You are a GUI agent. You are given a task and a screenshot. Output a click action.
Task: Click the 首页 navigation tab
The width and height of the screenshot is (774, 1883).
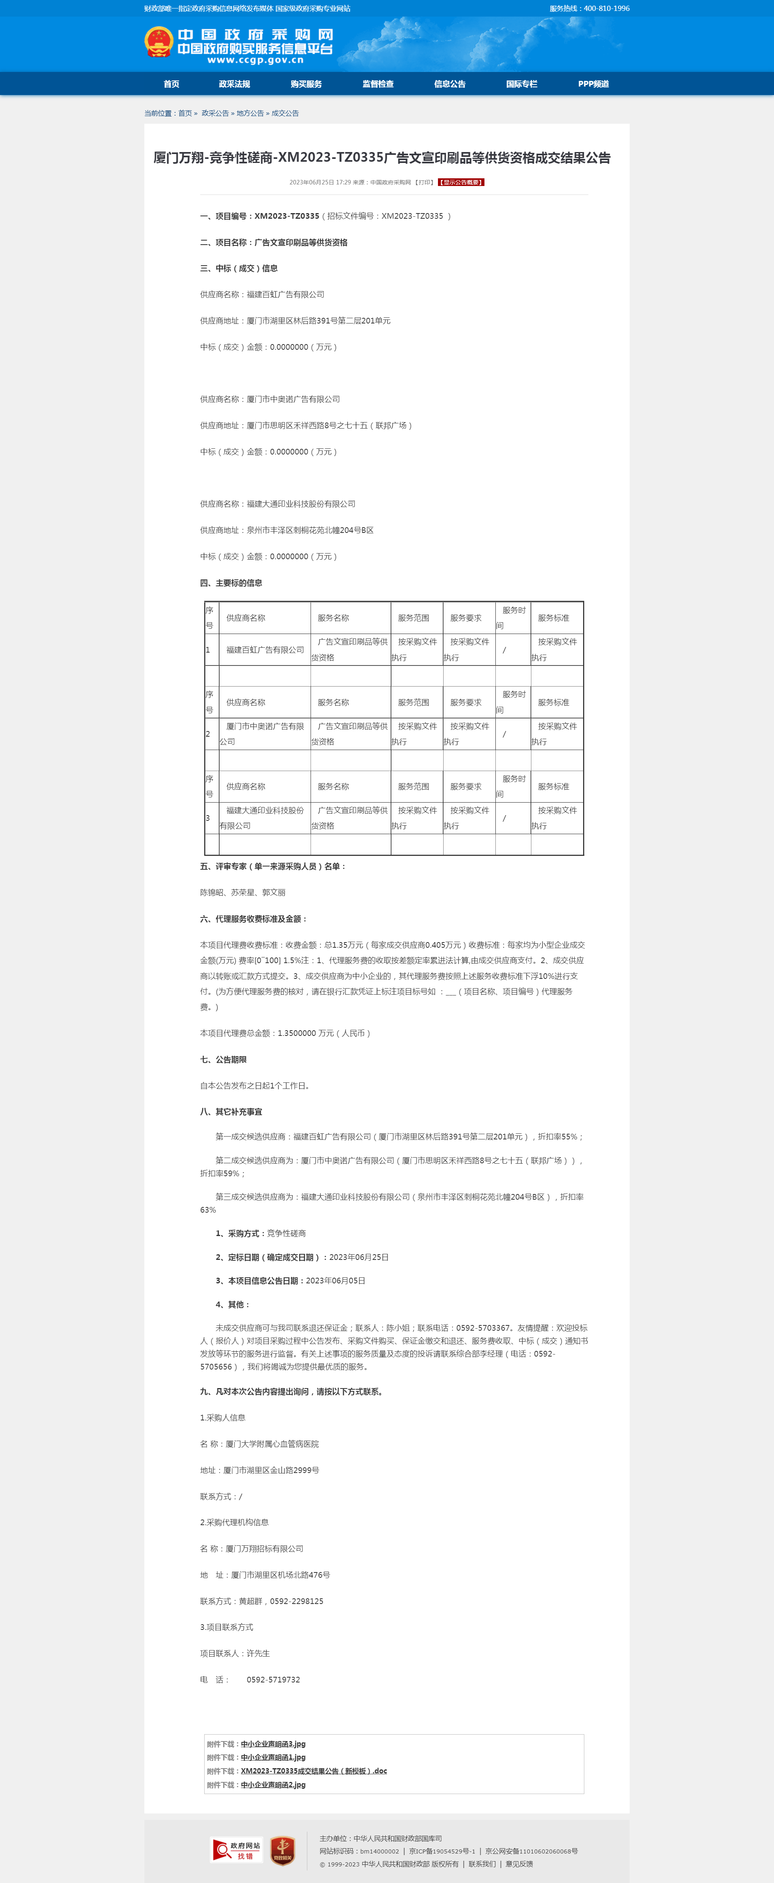[x=171, y=84]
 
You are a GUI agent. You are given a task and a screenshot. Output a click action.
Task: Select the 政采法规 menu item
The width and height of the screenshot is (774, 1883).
[x=234, y=84]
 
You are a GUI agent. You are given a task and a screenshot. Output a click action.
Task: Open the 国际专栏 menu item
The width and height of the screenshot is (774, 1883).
[x=521, y=84]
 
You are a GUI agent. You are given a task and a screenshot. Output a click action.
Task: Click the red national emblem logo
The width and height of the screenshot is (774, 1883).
[x=159, y=42]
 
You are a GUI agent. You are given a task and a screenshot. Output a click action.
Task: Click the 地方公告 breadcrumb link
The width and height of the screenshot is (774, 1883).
[x=250, y=113]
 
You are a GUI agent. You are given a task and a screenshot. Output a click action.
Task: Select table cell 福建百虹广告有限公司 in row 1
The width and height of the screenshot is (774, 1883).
[x=264, y=650]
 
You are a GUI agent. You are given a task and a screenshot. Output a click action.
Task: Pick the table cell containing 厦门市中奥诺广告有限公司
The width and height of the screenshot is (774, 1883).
[x=264, y=734]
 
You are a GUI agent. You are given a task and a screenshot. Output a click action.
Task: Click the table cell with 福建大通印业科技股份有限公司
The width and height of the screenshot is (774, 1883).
[x=264, y=818]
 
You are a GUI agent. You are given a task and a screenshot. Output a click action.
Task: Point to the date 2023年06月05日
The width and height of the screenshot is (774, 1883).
[x=336, y=1281]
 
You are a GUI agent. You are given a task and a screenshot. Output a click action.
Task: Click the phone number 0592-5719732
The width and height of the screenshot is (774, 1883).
[x=273, y=1680]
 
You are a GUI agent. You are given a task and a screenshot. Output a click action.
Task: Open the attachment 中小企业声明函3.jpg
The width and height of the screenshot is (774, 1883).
[x=273, y=1744]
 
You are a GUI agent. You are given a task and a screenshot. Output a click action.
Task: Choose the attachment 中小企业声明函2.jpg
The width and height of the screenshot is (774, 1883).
[x=273, y=1785]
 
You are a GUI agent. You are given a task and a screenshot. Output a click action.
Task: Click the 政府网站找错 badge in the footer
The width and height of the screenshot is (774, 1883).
[x=236, y=1851]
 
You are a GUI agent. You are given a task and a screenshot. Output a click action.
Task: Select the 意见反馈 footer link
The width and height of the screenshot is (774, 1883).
[x=519, y=1864]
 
